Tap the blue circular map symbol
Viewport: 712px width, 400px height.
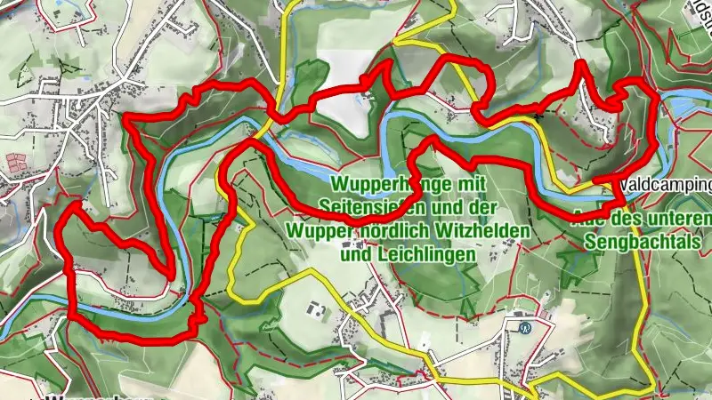point(525,326)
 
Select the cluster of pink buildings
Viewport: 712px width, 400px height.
point(17,164)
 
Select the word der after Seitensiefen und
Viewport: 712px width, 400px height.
point(469,207)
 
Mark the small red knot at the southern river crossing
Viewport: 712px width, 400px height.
point(198,313)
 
